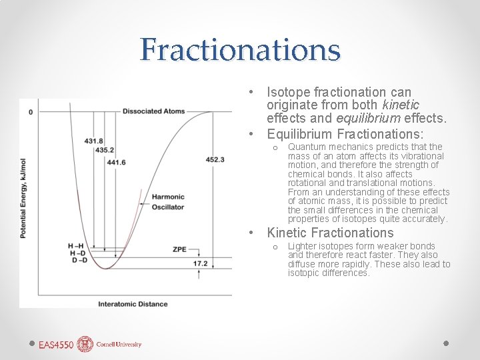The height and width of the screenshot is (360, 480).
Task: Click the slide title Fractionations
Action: pyautogui.click(x=240, y=50)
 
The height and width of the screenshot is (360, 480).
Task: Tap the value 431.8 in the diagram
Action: pyautogui.click(x=94, y=141)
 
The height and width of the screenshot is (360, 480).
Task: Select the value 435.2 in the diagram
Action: pyautogui.click(x=105, y=150)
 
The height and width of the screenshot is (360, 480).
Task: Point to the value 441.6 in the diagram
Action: pyautogui.click(x=115, y=162)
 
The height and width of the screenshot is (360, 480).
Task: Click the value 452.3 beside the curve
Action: pyautogui.click(x=215, y=159)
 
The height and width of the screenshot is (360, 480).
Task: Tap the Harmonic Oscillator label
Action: pyautogui.click(x=168, y=201)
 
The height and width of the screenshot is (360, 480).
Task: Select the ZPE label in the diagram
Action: pyautogui.click(x=179, y=249)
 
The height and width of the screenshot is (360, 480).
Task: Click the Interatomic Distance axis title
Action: pyautogui.click(x=133, y=304)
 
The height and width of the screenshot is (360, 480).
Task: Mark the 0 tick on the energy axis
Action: pyautogui.click(x=31, y=112)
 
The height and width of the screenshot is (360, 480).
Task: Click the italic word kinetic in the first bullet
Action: pyautogui.click(x=401, y=105)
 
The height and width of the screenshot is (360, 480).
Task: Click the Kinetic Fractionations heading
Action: pyautogui.click(x=330, y=233)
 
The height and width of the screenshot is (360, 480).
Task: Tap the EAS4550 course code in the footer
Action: pyautogui.click(x=55, y=345)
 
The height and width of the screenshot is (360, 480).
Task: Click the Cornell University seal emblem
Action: pyautogui.click(x=85, y=344)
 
